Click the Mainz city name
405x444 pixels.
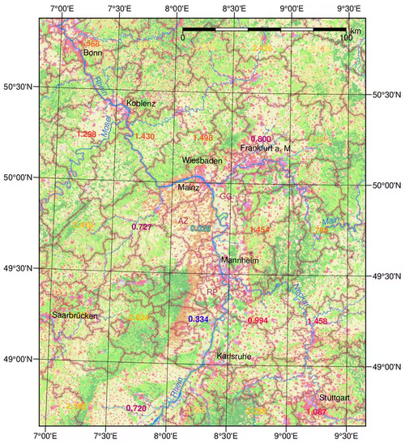pos(189,188)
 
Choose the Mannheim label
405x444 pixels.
pos(239,260)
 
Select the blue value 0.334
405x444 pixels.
pos(198,320)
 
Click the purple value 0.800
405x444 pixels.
pos(261,139)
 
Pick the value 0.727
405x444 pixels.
pos(141,226)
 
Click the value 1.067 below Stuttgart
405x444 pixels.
pos(318,412)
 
